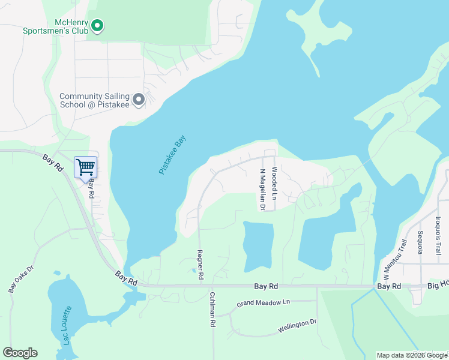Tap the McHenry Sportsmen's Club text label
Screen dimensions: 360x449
pyautogui.click(x=55, y=26)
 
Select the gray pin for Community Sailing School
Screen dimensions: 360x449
pyautogui.click(x=139, y=100)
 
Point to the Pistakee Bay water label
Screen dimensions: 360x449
pyautogui.click(x=173, y=155)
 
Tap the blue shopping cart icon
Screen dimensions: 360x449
pyautogui.click(x=85, y=166)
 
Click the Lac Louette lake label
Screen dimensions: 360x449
pyautogui.click(x=66, y=323)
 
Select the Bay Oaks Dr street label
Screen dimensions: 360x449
pyautogui.click(x=20, y=278)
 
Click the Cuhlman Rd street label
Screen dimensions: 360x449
pyautogui.click(x=212, y=309)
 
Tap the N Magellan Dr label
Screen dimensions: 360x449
pyautogui.click(x=262, y=189)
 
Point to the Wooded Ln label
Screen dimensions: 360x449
pyautogui.click(x=274, y=184)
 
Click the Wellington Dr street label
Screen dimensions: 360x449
pyautogui.click(x=297, y=326)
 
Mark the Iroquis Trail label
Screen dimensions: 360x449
pyautogui.click(x=438, y=236)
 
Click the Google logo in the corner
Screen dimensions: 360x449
pyautogui.click(x=20, y=353)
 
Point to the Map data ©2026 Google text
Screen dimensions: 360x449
pyautogui.click(x=412, y=355)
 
